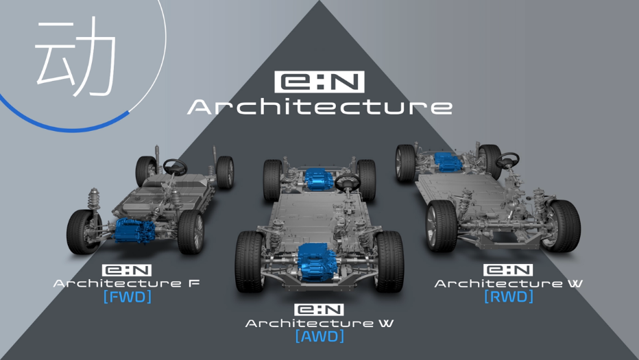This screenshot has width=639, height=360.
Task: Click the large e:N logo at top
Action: tap(319, 82)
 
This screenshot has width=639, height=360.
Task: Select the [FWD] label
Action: tap(128, 296)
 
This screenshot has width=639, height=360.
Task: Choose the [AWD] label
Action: tap(320, 337)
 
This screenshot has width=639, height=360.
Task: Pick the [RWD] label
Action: tap(509, 296)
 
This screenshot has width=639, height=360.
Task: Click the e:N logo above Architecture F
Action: tap(127, 270)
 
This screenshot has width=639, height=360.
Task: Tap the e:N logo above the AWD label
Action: tap(319, 310)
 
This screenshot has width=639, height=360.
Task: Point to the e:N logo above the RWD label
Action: tap(508, 270)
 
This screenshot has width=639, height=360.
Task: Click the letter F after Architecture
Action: tap(194, 283)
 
